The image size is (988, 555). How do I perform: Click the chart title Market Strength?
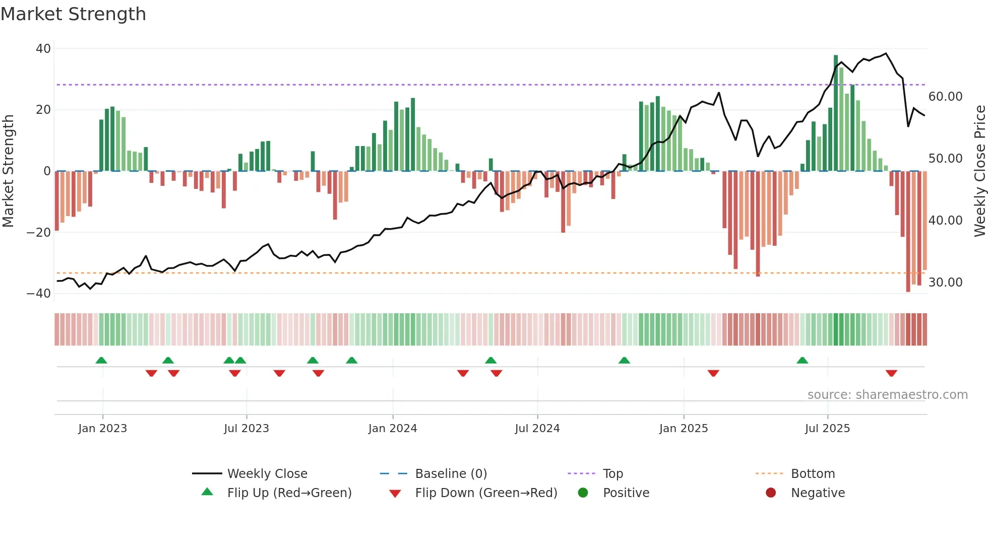(73, 14)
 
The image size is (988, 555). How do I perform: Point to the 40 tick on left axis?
(43, 49)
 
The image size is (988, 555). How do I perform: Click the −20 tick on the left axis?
(39, 233)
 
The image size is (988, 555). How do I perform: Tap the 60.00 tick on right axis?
(945, 97)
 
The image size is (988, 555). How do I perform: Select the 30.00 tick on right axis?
(945, 283)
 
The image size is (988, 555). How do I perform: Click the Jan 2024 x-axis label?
(393, 429)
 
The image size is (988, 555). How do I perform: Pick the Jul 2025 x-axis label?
(827, 429)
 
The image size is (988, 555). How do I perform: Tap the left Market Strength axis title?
(8, 171)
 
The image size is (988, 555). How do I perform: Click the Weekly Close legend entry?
(267, 474)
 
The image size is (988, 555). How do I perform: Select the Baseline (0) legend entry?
(451, 474)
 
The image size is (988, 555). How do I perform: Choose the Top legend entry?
(613, 474)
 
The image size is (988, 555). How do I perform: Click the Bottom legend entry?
(813, 474)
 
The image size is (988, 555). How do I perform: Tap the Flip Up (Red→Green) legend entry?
(289, 493)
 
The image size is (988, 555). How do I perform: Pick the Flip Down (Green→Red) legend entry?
(486, 493)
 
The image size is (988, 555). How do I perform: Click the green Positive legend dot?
(583, 493)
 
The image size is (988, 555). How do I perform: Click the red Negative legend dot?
(771, 493)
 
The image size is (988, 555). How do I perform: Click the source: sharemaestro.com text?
(887, 395)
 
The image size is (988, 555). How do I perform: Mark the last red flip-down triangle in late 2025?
(891, 373)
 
